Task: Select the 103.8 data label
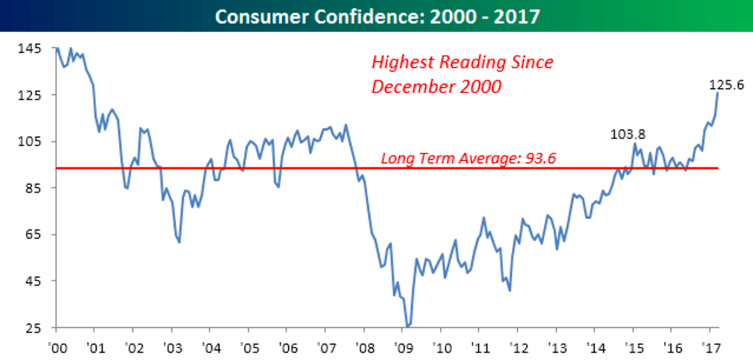(x=628, y=134)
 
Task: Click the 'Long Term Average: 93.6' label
(x=468, y=158)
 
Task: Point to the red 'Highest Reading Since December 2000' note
(x=462, y=74)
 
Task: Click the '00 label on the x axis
(x=57, y=345)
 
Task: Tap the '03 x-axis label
(x=172, y=345)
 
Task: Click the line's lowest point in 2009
(x=407, y=326)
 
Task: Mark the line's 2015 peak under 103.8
(x=635, y=144)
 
